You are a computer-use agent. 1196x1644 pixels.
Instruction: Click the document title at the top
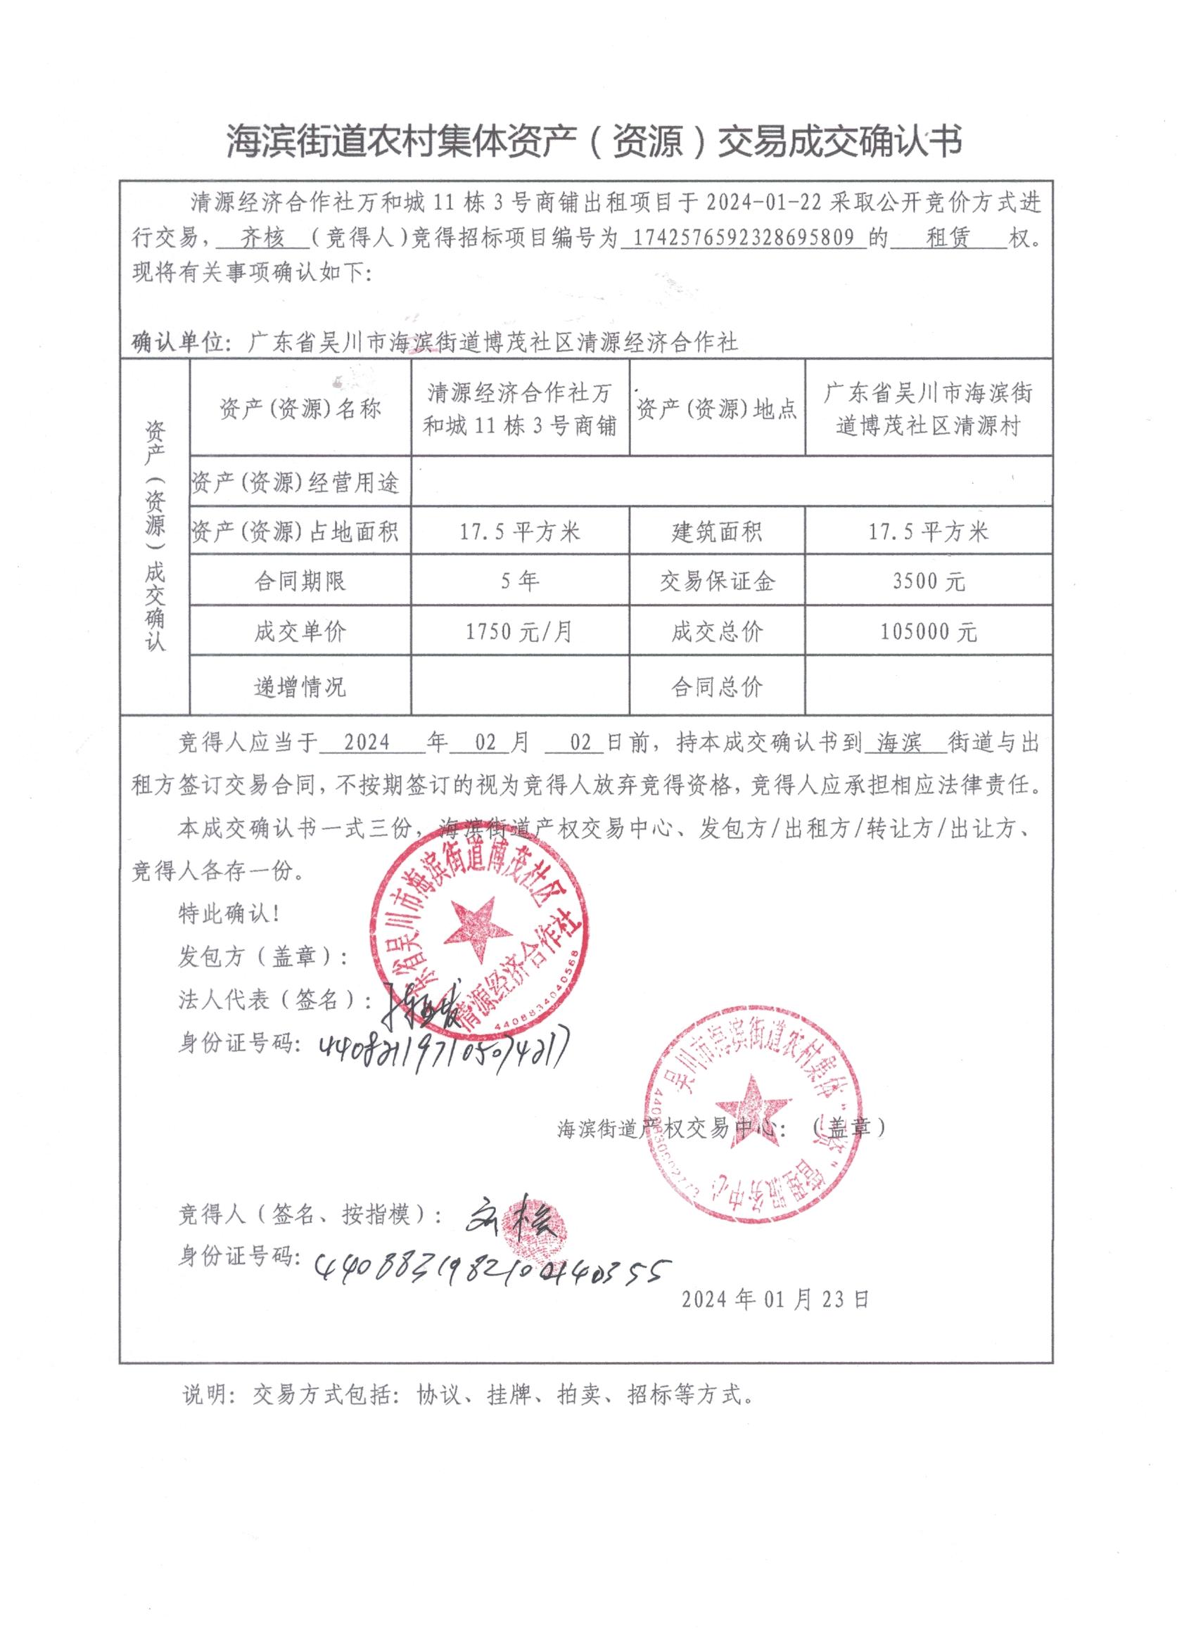pyautogui.click(x=594, y=141)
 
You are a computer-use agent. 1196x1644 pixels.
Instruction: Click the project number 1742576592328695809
pyautogui.click(x=749, y=238)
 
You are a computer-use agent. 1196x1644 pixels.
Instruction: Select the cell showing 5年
pyautogui.click(x=519, y=581)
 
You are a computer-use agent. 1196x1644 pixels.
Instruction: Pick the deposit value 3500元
pyautogui.click(x=929, y=582)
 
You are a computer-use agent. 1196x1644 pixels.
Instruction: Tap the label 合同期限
pyautogui.click(x=300, y=582)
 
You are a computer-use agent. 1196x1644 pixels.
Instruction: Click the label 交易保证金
pyautogui.click(x=717, y=582)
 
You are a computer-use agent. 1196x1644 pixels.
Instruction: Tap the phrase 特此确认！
pyautogui.click(x=229, y=914)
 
